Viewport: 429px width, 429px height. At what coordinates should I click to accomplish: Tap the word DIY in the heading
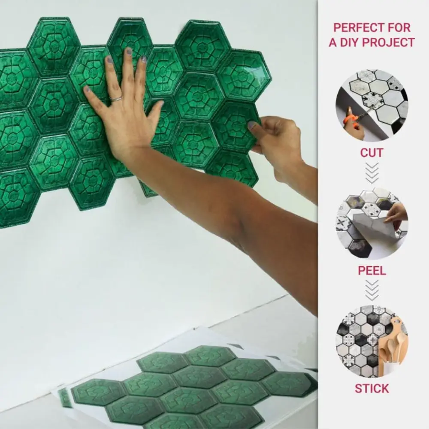(x=351, y=42)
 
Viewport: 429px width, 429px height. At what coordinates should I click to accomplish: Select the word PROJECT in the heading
(x=390, y=42)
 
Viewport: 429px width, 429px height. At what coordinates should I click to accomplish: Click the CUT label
(x=372, y=153)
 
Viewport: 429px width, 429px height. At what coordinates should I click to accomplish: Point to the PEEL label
(x=372, y=271)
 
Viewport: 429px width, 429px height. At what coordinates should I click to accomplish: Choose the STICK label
(x=372, y=389)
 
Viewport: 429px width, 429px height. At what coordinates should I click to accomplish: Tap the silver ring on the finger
(x=116, y=99)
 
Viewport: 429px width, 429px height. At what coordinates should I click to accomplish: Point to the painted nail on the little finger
(x=86, y=89)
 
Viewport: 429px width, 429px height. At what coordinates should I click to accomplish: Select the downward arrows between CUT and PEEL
(x=372, y=173)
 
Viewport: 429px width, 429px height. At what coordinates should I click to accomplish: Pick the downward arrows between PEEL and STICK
(x=372, y=290)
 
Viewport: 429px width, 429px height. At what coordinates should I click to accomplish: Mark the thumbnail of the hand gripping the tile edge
(x=252, y=125)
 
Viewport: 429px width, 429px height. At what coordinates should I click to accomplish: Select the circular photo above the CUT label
(x=372, y=105)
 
